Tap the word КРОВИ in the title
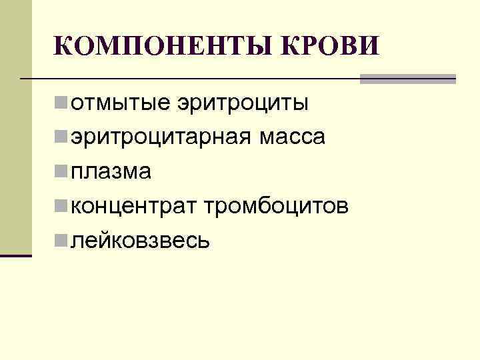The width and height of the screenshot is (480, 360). pos(331,47)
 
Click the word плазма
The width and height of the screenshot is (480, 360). pos(111,172)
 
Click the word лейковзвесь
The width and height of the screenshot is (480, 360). pos(140,241)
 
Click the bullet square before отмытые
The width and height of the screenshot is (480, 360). pos(61,103)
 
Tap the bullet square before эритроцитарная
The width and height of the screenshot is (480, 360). pos(61,138)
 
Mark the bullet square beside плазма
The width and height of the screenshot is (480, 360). pos(61,172)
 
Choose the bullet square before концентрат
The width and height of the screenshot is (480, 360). pos(61,207)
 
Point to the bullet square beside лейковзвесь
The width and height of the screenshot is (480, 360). pos(61,241)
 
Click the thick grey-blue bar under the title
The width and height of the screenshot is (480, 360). pos(407,79)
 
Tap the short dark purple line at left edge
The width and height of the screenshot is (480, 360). pos(16,255)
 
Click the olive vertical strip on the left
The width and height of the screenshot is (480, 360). pos(16,127)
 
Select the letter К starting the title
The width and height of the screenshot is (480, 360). pos(63,47)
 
